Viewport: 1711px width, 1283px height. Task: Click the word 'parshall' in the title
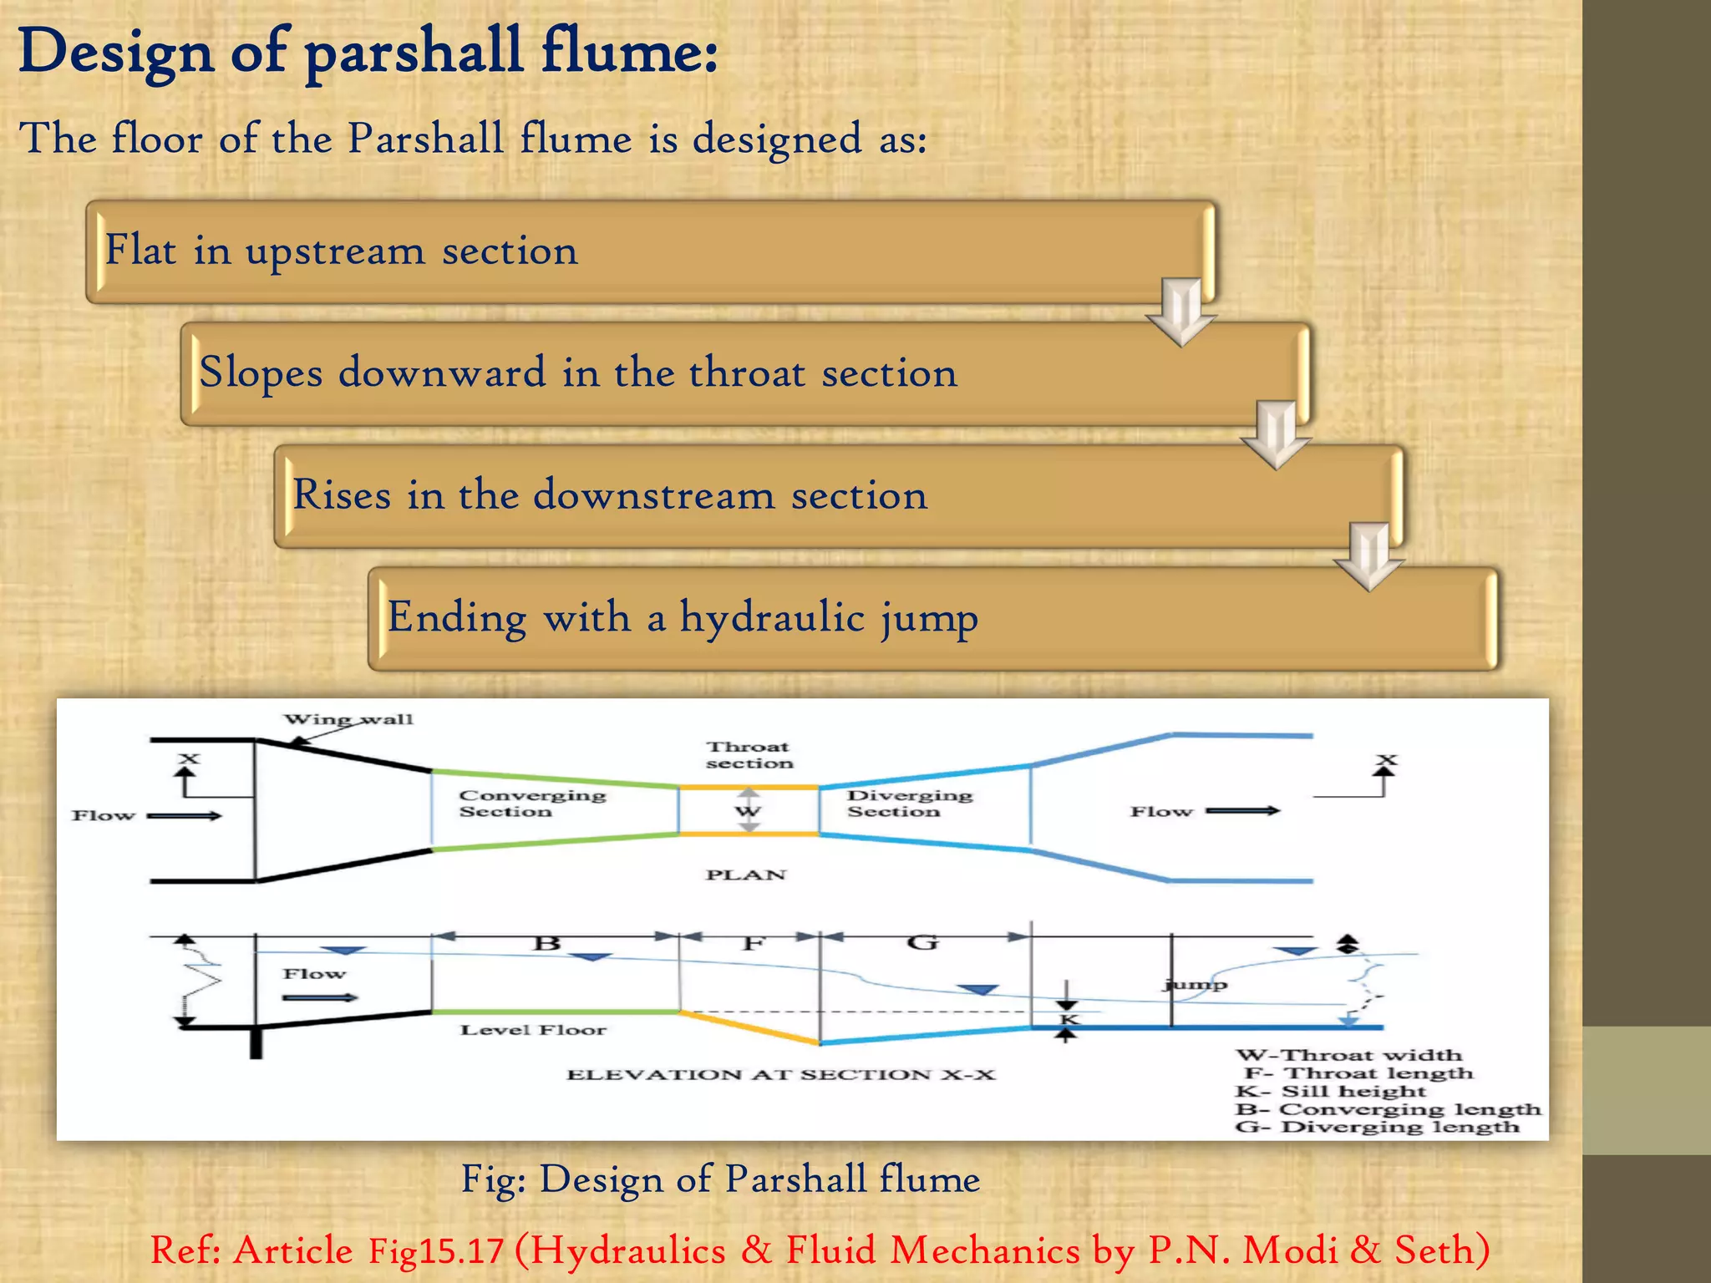click(414, 52)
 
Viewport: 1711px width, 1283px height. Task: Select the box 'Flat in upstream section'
click(650, 251)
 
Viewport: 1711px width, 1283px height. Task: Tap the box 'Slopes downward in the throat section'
click(744, 373)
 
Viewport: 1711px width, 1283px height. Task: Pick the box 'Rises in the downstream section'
click(837, 496)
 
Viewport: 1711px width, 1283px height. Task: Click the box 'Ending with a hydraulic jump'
click(932, 619)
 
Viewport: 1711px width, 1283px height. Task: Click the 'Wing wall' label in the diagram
click(348, 719)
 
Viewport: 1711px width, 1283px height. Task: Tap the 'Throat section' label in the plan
click(749, 755)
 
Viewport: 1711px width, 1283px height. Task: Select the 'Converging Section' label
click(531, 804)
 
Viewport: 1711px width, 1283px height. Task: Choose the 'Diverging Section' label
click(909, 804)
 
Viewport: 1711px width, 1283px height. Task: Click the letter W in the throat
click(748, 811)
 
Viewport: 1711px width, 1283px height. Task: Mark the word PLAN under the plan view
click(746, 875)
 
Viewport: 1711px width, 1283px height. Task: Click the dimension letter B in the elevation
click(546, 944)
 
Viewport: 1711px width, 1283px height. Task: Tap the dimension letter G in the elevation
click(922, 943)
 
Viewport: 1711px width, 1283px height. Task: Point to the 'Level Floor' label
click(533, 1030)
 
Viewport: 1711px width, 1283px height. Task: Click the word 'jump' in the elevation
click(1196, 985)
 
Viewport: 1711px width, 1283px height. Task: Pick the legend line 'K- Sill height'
click(1331, 1092)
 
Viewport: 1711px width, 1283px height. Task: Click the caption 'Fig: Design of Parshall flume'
click(720, 1179)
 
